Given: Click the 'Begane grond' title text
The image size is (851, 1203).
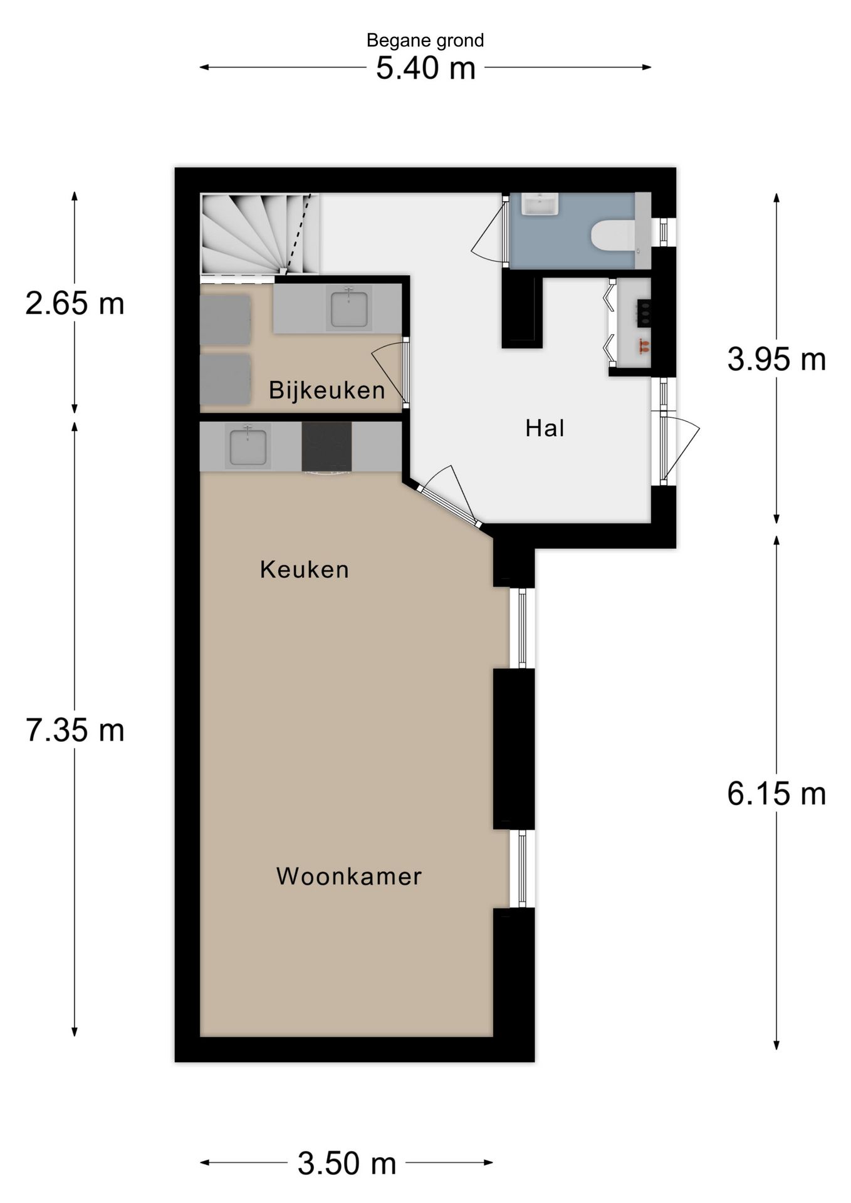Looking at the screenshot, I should (425, 41).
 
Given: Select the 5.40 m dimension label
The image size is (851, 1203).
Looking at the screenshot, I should (425, 68).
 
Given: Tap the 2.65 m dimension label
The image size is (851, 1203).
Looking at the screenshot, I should (75, 304).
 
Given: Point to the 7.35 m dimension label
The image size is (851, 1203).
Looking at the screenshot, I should (75, 731).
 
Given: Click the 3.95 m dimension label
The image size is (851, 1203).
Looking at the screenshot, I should (776, 360).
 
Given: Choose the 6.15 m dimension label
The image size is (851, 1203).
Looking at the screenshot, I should (776, 794).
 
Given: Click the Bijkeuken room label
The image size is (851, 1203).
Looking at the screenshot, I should (326, 390).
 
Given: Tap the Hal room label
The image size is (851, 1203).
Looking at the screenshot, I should (545, 429).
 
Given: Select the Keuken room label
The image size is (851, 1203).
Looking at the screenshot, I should (305, 570).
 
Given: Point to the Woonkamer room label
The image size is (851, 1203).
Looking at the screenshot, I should (349, 876).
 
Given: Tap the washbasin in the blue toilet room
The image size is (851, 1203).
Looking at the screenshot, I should (540, 204).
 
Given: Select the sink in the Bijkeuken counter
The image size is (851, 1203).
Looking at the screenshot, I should (349, 308).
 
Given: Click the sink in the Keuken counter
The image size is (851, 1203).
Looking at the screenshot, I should (248, 446).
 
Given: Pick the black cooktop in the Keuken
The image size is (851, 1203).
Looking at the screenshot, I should (326, 446).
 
